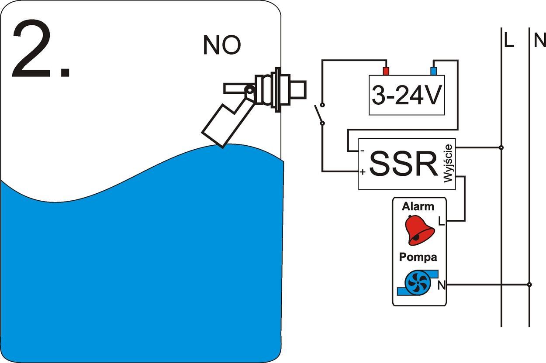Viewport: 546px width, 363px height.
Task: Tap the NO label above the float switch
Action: pyautogui.click(x=222, y=45)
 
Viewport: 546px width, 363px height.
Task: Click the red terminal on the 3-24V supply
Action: pyautogui.click(x=386, y=71)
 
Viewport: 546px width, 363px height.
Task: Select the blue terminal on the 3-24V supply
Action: pyautogui.click(x=434, y=71)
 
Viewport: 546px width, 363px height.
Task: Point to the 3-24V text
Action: pyautogui.click(x=406, y=96)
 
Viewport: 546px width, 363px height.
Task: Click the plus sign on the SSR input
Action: pyautogui.click(x=363, y=172)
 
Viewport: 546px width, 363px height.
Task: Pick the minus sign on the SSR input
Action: pyautogui.click(x=362, y=151)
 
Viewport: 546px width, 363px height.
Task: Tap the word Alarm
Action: pyautogui.click(x=418, y=206)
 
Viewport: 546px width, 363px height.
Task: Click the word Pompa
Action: pyautogui.click(x=418, y=257)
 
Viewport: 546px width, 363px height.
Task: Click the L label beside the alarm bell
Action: pyautogui.click(x=441, y=222)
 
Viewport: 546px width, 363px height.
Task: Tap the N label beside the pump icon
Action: pyautogui.click(x=442, y=286)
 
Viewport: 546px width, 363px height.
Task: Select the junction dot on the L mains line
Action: pyautogui.click(x=501, y=147)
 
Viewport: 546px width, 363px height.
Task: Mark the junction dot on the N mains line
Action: pyautogui.click(x=529, y=284)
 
